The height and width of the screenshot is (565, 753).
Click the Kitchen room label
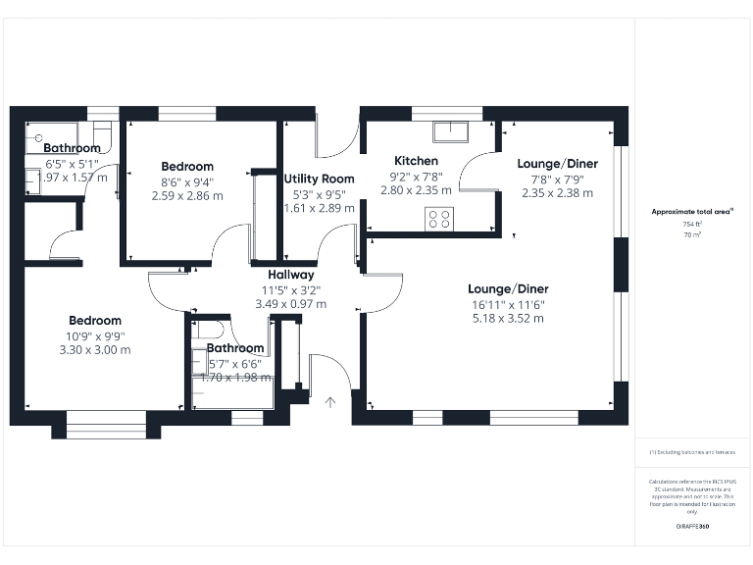tap(416, 161)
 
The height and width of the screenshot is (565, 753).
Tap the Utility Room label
tap(319, 179)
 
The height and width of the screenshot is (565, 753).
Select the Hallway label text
tap(290, 275)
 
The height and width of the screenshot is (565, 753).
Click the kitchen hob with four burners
tap(438, 218)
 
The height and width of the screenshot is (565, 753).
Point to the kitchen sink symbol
tap(453, 128)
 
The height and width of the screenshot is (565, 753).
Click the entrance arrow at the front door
tap(330, 401)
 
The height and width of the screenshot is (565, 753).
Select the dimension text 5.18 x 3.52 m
tap(508, 318)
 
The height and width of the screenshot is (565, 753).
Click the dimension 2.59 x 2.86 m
tap(187, 196)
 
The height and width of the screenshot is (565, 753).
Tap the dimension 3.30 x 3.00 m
tap(95, 349)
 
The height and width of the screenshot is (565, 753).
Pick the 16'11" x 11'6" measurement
tap(508, 304)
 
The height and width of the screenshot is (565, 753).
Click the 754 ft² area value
tap(693, 225)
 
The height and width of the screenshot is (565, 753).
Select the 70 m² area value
tap(693, 235)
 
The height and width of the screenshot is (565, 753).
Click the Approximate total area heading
tap(692, 211)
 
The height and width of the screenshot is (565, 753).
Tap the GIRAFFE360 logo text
tap(692, 527)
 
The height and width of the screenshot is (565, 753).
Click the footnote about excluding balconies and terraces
tap(692, 452)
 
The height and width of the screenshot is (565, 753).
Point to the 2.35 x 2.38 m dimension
tap(557, 193)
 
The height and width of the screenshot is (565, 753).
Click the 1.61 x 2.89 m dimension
tap(319, 208)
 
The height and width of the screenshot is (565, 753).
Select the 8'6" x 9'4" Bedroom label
tap(187, 181)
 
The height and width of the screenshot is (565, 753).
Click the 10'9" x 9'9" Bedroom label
tap(95, 334)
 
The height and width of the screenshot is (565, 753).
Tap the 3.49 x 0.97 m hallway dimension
tap(290, 304)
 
